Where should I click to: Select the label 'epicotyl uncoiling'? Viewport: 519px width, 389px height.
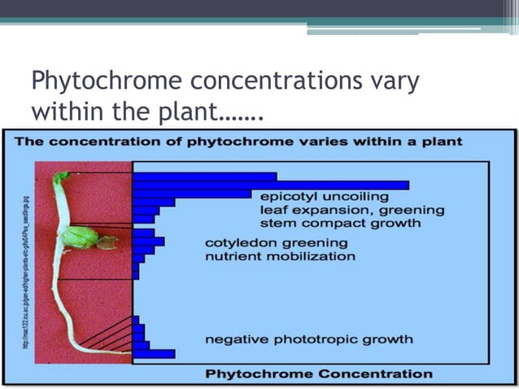[x=324, y=196]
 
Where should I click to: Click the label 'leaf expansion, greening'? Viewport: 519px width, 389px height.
[x=351, y=209]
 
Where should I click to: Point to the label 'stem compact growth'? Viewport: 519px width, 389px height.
[x=340, y=222]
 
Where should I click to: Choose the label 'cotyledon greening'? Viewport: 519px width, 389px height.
[x=276, y=243]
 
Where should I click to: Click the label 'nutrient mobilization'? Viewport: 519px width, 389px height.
[x=280, y=256]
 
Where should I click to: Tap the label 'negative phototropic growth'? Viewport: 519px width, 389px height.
[x=308, y=339]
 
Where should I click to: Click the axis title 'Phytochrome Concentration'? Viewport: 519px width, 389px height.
[x=318, y=374]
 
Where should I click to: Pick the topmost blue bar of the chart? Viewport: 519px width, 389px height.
[x=204, y=176]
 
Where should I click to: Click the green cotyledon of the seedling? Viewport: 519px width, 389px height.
[x=80, y=237]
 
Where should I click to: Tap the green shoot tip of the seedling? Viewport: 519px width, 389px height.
[x=61, y=176]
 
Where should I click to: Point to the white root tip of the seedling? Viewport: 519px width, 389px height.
[x=122, y=351]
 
